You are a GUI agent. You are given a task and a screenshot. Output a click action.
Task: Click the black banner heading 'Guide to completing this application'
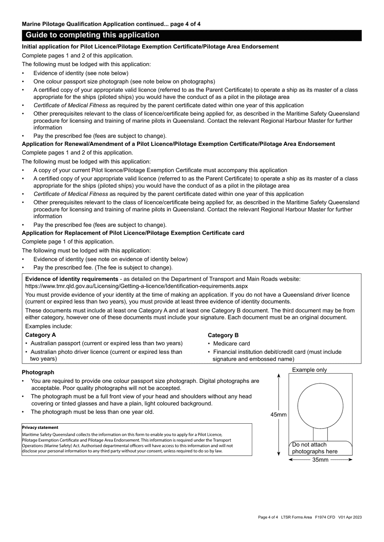[x=93, y=35]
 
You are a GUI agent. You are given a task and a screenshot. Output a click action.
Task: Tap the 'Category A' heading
[x=40, y=335]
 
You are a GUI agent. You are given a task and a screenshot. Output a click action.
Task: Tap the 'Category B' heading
[x=223, y=335]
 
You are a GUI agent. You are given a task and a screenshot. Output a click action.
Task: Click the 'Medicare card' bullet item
[x=231, y=344]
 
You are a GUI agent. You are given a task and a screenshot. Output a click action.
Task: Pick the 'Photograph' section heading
[x=38, y=372]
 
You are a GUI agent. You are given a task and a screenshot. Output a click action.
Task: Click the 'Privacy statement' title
[x=40, y=427]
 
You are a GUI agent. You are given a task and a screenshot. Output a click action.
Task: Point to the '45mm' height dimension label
[x=279, y=415]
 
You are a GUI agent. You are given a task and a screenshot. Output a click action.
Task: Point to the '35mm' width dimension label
[x=320, y=460]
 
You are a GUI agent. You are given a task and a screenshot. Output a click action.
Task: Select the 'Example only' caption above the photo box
[x=309, y=370]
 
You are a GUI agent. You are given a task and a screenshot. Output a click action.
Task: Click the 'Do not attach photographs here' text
[x=314, y=448]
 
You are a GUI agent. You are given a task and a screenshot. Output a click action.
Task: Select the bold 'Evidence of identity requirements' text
[x=72, y=279]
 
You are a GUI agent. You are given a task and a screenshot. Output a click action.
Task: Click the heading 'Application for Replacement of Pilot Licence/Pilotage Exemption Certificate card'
[x=133, y=233]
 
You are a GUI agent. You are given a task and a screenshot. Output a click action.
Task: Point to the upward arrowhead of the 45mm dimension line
[x=279, y=375]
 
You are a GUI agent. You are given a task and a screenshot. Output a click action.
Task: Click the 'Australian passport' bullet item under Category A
[x=106, y=343]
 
